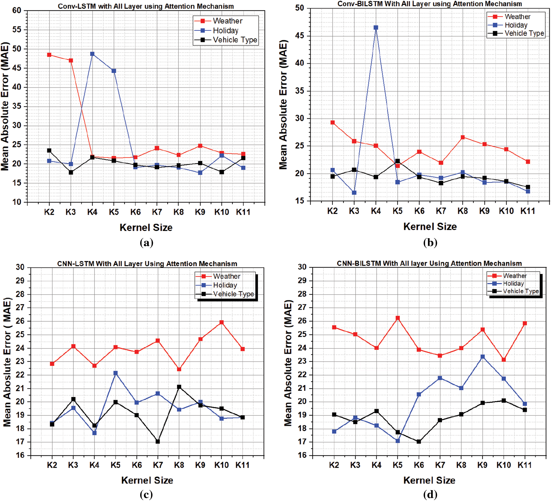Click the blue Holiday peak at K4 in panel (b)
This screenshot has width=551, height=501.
[x=376, y=28]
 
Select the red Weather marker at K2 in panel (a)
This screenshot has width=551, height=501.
[x=49, y=55]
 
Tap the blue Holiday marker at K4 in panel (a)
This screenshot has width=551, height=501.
[x=92, y=54]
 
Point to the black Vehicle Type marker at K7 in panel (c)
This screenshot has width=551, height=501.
[x=158, y=442]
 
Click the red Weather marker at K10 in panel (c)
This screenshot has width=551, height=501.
[x=222, y=322]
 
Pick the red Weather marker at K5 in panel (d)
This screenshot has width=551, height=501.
[x=398, y=318]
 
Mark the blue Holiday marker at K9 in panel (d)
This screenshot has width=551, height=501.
[x=483, y=357]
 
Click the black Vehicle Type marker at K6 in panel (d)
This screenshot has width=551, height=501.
[x=419, y=442]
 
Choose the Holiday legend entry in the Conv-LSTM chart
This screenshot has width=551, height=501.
[x=226, y=31]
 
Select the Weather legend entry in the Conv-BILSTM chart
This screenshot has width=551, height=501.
[x=517, y=17]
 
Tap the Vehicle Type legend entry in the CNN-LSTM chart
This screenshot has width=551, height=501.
[x=233, y=294]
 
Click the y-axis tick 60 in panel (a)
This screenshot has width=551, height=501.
[x=17, y=11]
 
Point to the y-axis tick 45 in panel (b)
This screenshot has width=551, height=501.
[x=300, y=36]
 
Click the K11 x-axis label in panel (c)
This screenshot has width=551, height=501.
[x=242, y=465]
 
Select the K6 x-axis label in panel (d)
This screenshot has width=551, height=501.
[x=419, y=465]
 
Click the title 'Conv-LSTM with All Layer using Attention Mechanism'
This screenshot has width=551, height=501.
[x=146, y=6]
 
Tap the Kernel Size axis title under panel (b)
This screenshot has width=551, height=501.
[x=430, y=227]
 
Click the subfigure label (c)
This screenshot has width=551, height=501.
[x=146, y=494]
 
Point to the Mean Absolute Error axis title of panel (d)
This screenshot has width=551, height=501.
[x=288, y=363]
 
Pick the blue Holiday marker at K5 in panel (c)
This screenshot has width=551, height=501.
[x=116, y=373]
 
